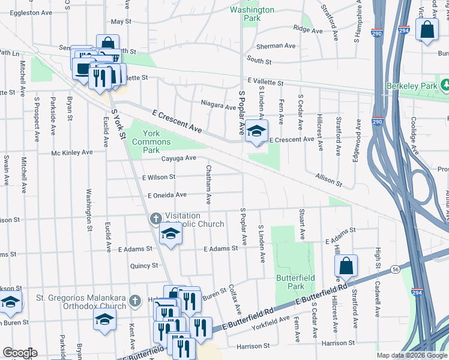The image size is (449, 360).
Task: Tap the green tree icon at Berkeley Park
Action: point(445,86)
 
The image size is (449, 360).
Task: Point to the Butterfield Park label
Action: point(291,282)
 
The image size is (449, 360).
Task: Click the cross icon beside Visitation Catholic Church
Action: point(155,218)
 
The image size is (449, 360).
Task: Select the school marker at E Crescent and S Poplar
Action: point(256,132)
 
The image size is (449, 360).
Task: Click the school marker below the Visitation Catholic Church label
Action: point(170,236)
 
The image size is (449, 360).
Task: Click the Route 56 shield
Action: point(395,269)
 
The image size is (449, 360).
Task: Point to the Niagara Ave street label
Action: point(218,107)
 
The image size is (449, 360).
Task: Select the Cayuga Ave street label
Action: point(179,158)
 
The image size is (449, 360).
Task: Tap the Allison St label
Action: point(328,181)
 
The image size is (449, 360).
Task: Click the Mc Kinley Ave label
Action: point(72,152)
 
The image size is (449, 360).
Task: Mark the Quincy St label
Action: point(144,265)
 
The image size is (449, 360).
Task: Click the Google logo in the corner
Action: point(19,353)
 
